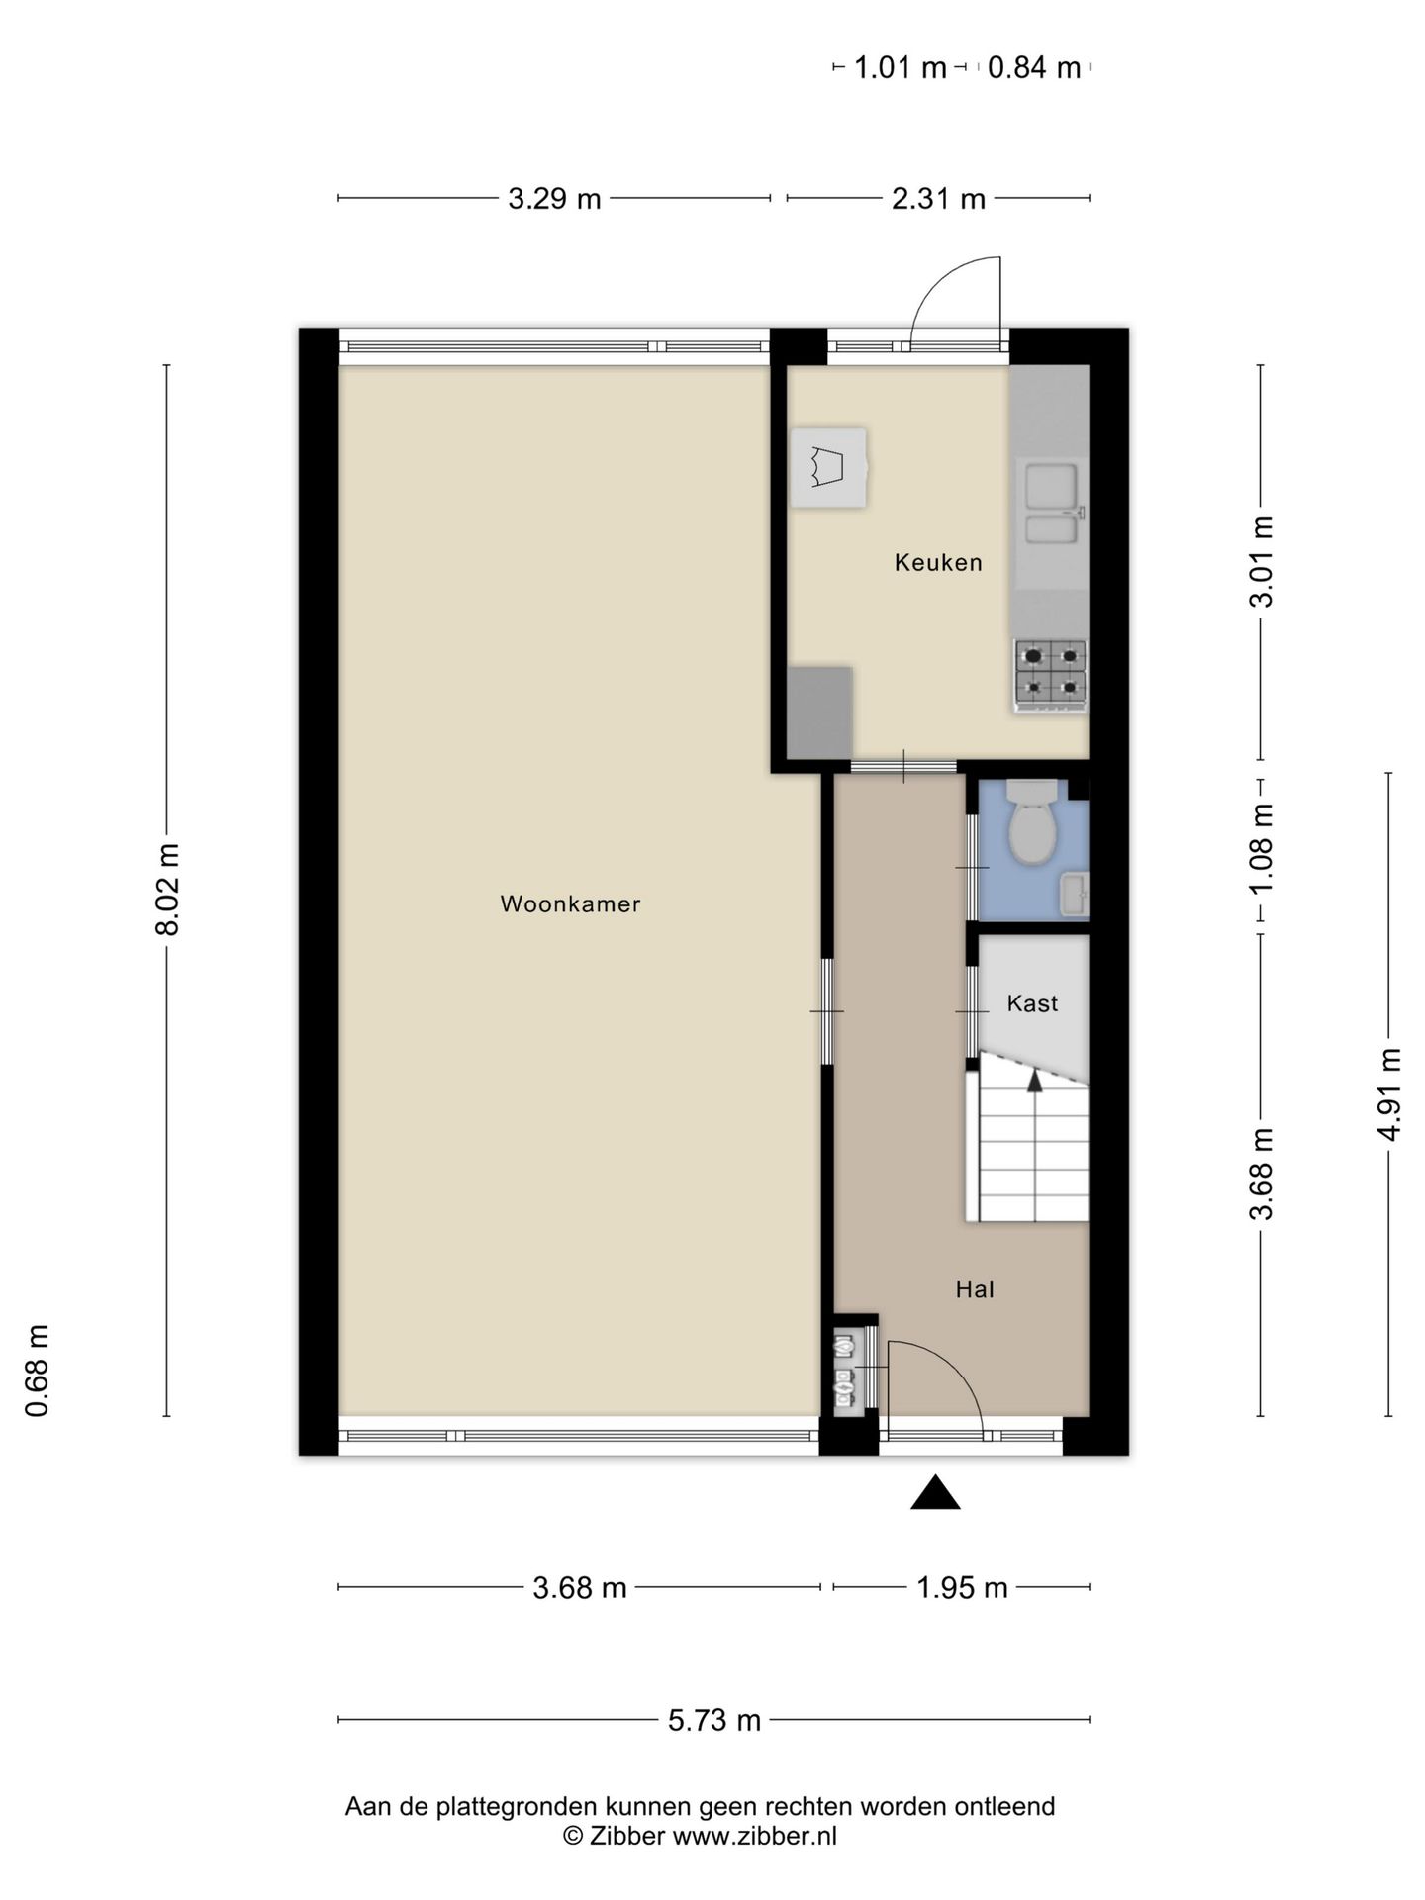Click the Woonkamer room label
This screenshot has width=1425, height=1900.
(x=570, y=903)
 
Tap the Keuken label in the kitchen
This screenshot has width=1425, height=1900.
(x=937, y=562)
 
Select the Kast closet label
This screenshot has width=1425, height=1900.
(x=1032, y=1003)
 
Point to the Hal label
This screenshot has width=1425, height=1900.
(x=974, y=1289)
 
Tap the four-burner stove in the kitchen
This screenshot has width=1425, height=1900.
(x=1050, y=673)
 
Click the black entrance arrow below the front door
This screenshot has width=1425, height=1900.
(x=935, y=1493)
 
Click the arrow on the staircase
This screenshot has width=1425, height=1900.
(x=1035, y=1081)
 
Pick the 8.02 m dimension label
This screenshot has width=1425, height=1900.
(x=167, y=890)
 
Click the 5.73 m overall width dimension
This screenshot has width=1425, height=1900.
(x=713, y=1720)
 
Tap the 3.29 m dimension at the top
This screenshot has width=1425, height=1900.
(x=554, y=199)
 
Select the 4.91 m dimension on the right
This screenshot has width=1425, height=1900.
(x=1389, y=1093)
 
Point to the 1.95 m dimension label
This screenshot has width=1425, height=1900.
(x=961, y=1588)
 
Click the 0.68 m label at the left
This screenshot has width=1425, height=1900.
(x=38, y=1371)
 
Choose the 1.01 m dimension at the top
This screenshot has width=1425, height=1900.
(x=899, y=68)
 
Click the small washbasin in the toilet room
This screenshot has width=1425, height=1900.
(x=1073, y=895)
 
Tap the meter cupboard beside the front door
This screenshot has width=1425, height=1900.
(x=844, y=1372)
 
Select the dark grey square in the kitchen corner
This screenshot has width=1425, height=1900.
(x=820, y=711)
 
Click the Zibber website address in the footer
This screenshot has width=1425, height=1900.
(x=754, y=1837)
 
